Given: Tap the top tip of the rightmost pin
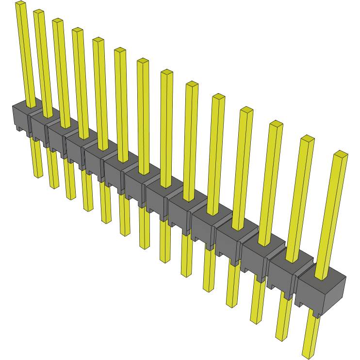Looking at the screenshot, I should coord(341,154).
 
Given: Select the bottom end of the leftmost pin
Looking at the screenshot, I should coord(38,175).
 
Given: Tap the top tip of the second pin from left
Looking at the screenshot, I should coord(38,12).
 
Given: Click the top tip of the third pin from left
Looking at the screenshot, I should coord(57,21).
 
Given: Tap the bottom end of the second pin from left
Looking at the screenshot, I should coord(54,187).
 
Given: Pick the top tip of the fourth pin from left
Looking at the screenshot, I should coord(77,31).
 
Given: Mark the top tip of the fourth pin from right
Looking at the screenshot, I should coord(246,110).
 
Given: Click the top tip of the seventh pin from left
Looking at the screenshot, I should coord(143,61).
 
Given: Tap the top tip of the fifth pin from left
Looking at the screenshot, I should coord(98,40).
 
